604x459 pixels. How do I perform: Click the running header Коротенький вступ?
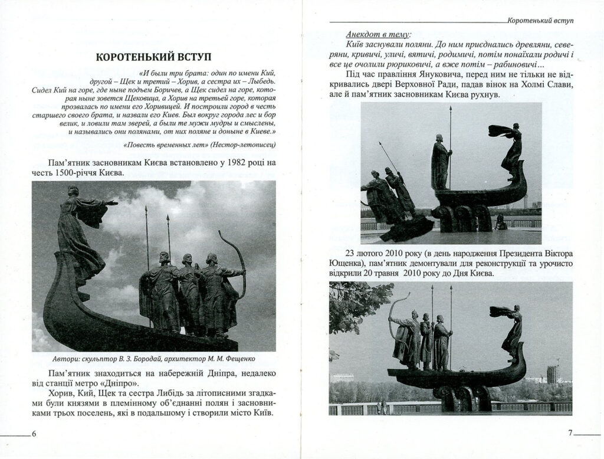[540, 19]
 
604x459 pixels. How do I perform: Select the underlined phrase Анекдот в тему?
[378, 34]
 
